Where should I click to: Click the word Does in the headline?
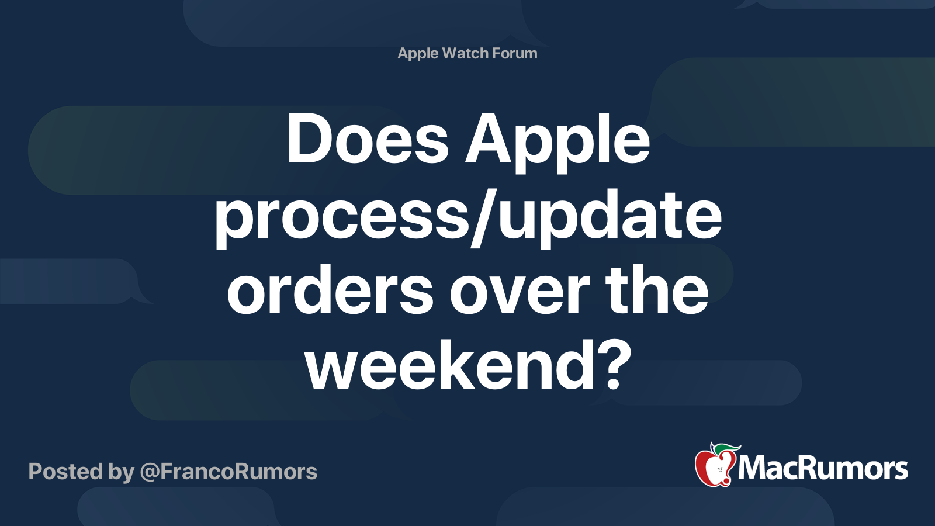click(x=368, y=138)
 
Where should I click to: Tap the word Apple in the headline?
click(x=557, y=143)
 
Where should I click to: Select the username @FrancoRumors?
click(x=228, y=472)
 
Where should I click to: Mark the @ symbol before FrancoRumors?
click(x=150, y=473)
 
